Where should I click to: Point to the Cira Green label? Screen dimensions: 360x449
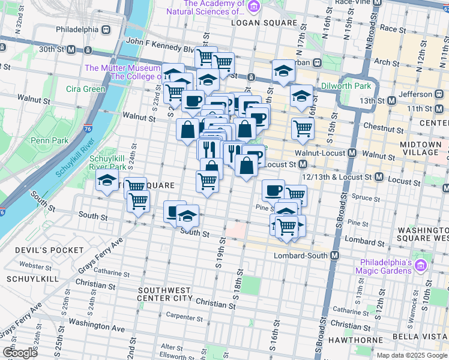coord(85,89)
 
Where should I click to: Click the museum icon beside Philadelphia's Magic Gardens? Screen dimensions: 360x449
coord(421,265)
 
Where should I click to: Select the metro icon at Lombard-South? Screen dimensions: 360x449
coord(335,255)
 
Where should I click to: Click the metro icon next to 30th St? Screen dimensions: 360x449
coord(71,49)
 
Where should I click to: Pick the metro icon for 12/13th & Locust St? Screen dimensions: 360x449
coord(379,177)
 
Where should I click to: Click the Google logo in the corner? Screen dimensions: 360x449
coord(20,352)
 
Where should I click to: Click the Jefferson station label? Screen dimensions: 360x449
coord(416,94)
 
